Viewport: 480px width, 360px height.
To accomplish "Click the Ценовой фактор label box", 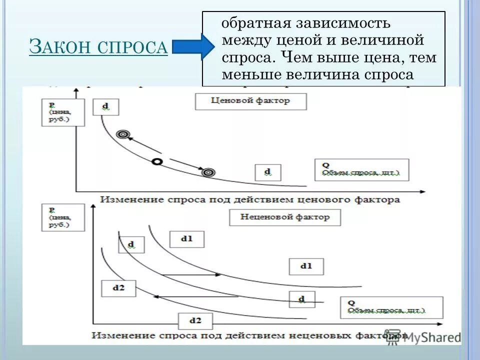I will (x=250, y=100).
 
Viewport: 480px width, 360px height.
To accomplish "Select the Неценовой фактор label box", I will (x=285, y=217).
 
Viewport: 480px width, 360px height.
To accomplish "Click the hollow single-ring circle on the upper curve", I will (x=157, y=161).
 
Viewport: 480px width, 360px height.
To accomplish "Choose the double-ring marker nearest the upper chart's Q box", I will (x=208, y=172).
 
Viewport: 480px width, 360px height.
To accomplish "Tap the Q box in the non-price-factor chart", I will (x=391, y=307).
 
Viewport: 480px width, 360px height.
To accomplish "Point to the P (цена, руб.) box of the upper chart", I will (x=59, y=112).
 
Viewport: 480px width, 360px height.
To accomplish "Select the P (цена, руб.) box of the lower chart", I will (x=59, y=217).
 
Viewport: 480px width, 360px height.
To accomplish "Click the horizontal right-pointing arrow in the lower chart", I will (x=192, y=274).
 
